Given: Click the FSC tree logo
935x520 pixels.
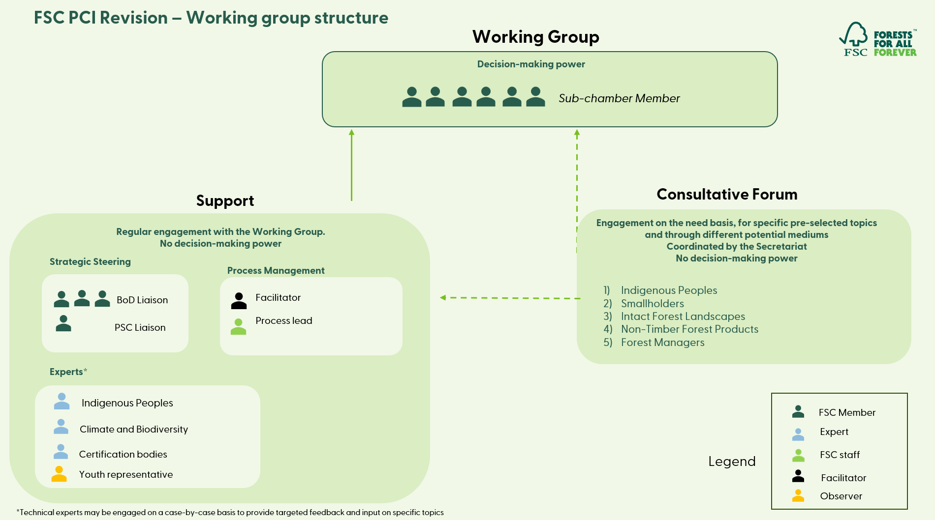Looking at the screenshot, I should pos(854,38).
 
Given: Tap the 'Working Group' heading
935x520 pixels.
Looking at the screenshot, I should pos(535,37).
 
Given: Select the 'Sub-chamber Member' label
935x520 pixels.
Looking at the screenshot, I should pos(619,98).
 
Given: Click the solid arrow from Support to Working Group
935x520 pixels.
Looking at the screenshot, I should pos(351,165).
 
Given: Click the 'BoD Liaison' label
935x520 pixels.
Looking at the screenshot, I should pos(142,300).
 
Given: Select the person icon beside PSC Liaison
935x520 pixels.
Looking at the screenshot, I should pos(63,323).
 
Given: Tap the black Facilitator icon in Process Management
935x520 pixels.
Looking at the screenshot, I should pos(239,301).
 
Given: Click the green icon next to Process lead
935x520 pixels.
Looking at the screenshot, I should pos(238,326).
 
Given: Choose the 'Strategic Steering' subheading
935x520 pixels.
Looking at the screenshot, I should pos(90,261).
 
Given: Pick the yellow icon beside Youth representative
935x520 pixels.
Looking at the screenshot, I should pos(59,474).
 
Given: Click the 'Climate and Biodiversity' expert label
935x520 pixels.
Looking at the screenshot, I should pos(134,429).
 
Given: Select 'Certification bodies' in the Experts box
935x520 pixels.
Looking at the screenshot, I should pos(123,454).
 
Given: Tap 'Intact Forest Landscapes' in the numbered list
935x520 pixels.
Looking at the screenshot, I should pos(683,317).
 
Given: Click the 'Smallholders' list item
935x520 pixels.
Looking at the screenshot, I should pos(652,304).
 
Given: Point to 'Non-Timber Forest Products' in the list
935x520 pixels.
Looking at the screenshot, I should pos(689,329).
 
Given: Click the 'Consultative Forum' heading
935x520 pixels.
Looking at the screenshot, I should pos(727,194).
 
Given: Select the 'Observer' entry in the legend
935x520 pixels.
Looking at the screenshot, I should pos(841,496).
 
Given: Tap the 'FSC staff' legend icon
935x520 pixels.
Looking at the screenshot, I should pos(798,456).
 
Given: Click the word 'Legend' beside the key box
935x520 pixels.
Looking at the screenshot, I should pos(732,461).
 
